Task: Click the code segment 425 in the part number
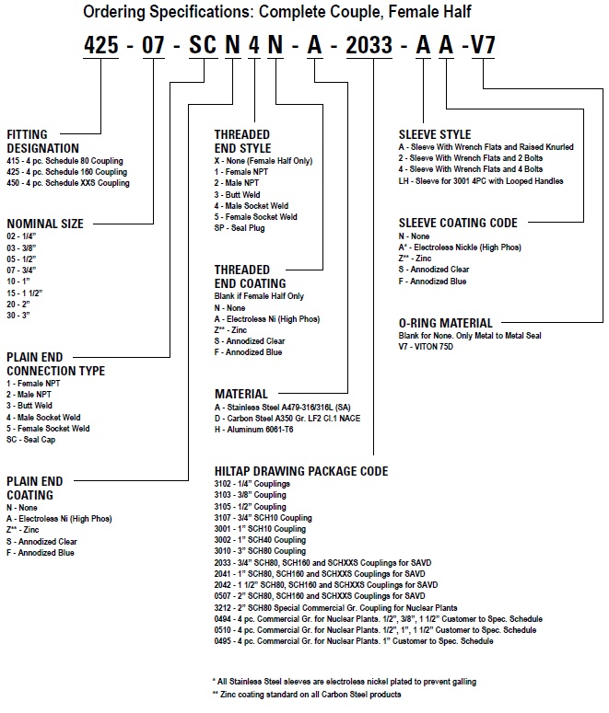coord(101,44)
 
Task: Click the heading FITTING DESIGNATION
coord(43,141)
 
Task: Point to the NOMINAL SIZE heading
coord(45,224)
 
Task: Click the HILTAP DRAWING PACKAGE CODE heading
coord(301,471)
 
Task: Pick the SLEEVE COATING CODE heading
coord(458,223)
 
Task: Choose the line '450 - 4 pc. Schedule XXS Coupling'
coord(68,183)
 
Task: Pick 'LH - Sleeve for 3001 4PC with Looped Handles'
coord(480,181)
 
